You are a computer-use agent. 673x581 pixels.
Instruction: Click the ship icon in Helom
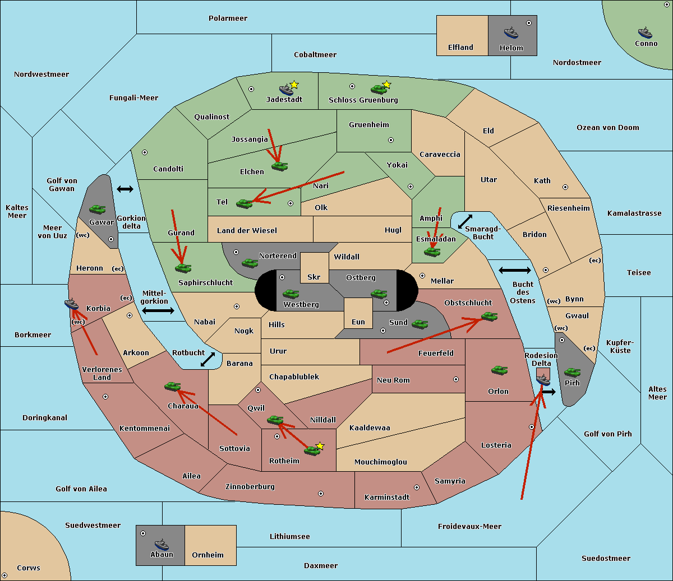coord(510,32)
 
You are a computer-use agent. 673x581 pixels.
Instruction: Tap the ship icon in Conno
coord(645,32)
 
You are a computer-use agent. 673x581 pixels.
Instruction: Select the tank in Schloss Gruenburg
coord(379,89)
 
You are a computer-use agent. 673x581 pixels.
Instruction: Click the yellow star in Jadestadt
coord(294,85)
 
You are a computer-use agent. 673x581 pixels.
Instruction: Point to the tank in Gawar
coord(98,209)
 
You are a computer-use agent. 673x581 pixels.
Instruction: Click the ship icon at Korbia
coord(71,304)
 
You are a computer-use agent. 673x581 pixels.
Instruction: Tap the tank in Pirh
coord(572,372)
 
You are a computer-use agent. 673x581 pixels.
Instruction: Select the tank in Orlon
coord(499,370)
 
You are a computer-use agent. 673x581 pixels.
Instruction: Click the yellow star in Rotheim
coord(320,446)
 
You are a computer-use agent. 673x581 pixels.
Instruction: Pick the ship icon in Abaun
coord(162,544)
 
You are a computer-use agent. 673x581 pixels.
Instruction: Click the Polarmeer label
coord(228,18)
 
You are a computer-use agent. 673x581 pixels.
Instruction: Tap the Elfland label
coord(460,48)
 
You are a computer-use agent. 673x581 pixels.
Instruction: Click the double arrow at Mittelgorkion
coord(158,310)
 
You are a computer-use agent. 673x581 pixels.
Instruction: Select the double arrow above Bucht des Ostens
coord(514,271)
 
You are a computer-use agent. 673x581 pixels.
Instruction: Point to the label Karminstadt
coord(387,498)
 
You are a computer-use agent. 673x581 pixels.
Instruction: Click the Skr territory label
coord(314,277)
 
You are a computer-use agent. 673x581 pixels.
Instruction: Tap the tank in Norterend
coord(250,263)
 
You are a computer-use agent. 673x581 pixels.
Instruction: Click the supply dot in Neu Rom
coord(456,379)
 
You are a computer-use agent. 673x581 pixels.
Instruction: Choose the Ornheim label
coord(208,555)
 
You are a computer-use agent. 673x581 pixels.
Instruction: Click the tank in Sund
coord(420,324)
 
